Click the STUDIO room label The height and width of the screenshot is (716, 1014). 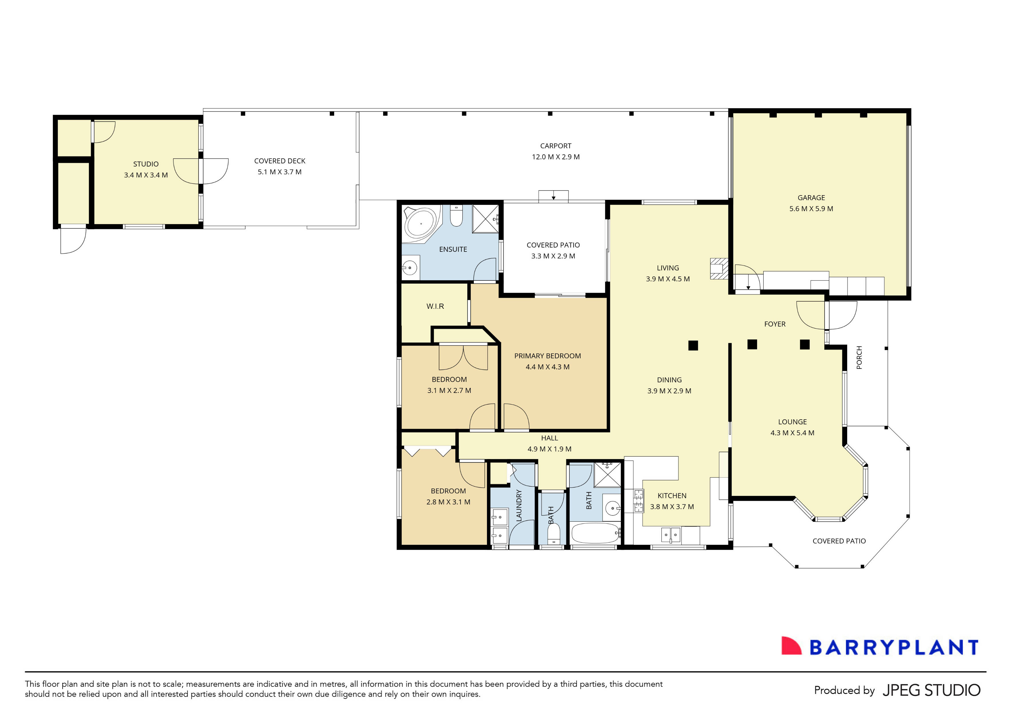tap(146, 164)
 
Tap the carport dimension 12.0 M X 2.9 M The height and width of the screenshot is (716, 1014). tap(556, 157)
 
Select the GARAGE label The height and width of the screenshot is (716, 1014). tap(811, 197)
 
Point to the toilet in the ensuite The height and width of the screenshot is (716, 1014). tap(456, 216)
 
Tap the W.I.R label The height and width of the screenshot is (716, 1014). tap(435, 306)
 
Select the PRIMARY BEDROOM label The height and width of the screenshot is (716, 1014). tap(547, 356)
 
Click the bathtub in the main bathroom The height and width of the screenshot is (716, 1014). tap(595, 534)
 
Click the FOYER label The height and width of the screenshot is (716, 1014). tap(775, 324)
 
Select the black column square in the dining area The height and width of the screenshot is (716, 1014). tap(693, 345)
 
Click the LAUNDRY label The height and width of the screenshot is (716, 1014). tap(519, 505)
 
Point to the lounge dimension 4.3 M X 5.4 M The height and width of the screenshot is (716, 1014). tap(792, 433)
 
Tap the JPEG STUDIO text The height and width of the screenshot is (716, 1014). tap(931, 690)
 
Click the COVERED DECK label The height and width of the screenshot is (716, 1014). tap(280, 161)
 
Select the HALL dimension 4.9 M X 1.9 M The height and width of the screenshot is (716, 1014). tap(549, 449)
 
